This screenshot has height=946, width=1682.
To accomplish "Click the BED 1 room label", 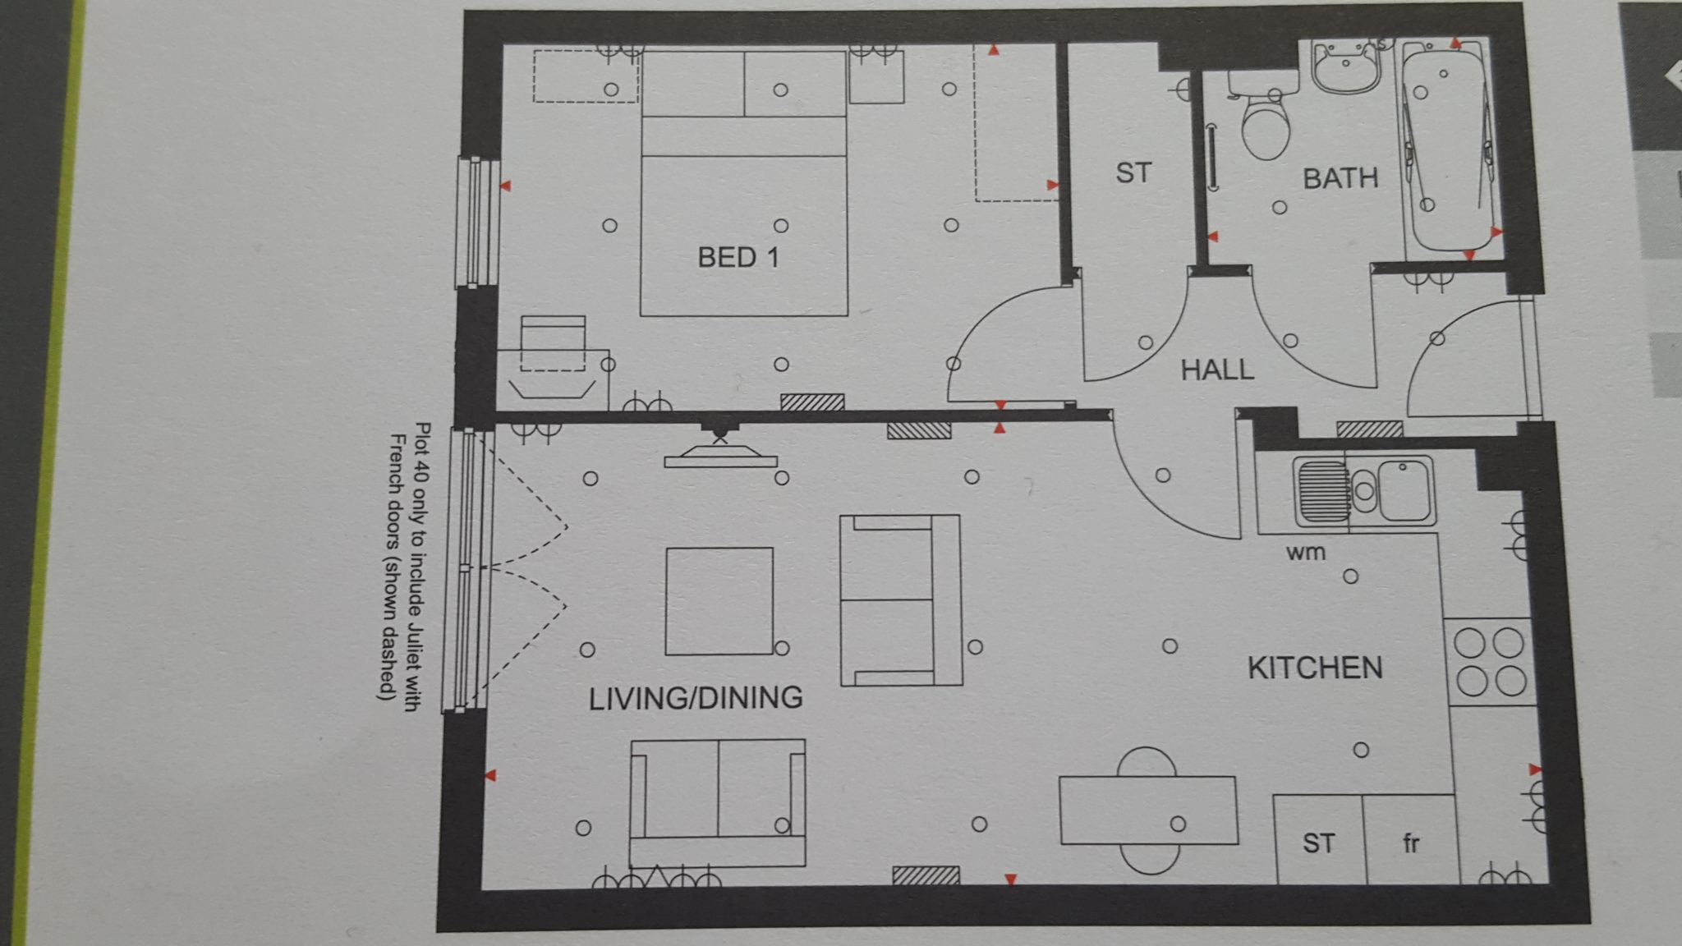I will point(738,258).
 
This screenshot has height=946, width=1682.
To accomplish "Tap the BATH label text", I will point(1340,178).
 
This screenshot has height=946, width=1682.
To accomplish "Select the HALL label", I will point(1217,370).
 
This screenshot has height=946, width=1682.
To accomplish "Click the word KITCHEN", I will point(1315,668).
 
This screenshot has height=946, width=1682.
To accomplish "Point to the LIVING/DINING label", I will point(696,698).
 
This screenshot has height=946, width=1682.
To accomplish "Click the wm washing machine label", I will point(1306,553).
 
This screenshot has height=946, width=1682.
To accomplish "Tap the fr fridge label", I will point(1411,843).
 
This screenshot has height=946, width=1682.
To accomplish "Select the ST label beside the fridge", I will point(1318,843).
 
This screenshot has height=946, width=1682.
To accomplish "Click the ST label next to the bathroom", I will point(1133,173).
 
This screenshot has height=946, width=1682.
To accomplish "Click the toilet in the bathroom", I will point(1265,123).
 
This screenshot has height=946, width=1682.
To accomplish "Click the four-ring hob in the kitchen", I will point(1489,662).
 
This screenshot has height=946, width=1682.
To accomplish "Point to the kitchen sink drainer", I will point(1321,491).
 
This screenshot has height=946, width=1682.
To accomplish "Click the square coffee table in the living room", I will point(719,601).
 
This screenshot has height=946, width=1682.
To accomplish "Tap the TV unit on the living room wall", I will point(720,457).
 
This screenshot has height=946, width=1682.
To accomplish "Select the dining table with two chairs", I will point(1147,810).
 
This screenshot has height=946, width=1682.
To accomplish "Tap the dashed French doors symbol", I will point(526,567).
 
